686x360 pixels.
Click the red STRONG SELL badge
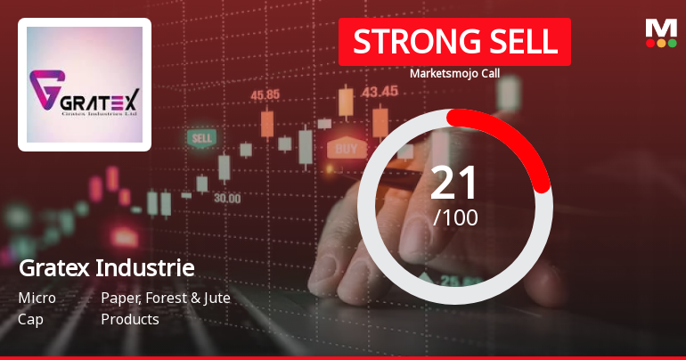(453, 43)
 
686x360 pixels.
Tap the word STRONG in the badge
(408, 43)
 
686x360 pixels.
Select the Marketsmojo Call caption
(453, 73)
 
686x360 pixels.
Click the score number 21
(454, 184)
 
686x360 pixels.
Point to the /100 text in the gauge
(455, 217)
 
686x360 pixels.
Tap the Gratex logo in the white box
(85, 85)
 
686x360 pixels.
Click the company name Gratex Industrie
(106, 268)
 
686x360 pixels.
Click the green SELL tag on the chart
(202, 139)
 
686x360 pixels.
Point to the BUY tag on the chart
(347, 147)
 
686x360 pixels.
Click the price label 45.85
(265, 94)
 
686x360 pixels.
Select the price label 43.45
(380, 91)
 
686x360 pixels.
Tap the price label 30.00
(226, 198)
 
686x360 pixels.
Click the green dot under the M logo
(672, 43)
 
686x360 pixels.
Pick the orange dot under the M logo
(661, 43)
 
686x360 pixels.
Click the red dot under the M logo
(649, 43)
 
